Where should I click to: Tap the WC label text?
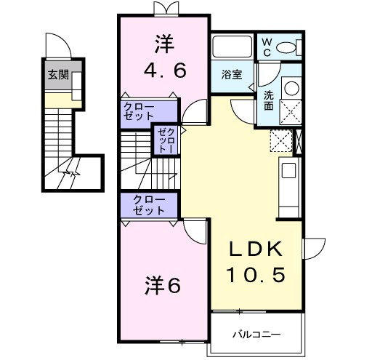[x=267, y=47]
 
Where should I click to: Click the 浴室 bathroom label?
[x=232, y=74]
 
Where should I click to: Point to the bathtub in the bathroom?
[x=233, y=48]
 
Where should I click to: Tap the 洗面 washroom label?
[x=269, y=99]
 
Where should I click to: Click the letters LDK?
[x=254, y=249]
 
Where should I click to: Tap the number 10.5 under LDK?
[x=254, y=276]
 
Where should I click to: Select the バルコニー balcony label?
[x=256, y=335]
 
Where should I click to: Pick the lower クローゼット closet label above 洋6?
[x=149, y=204]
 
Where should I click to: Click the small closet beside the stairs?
[x=162, y=138]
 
